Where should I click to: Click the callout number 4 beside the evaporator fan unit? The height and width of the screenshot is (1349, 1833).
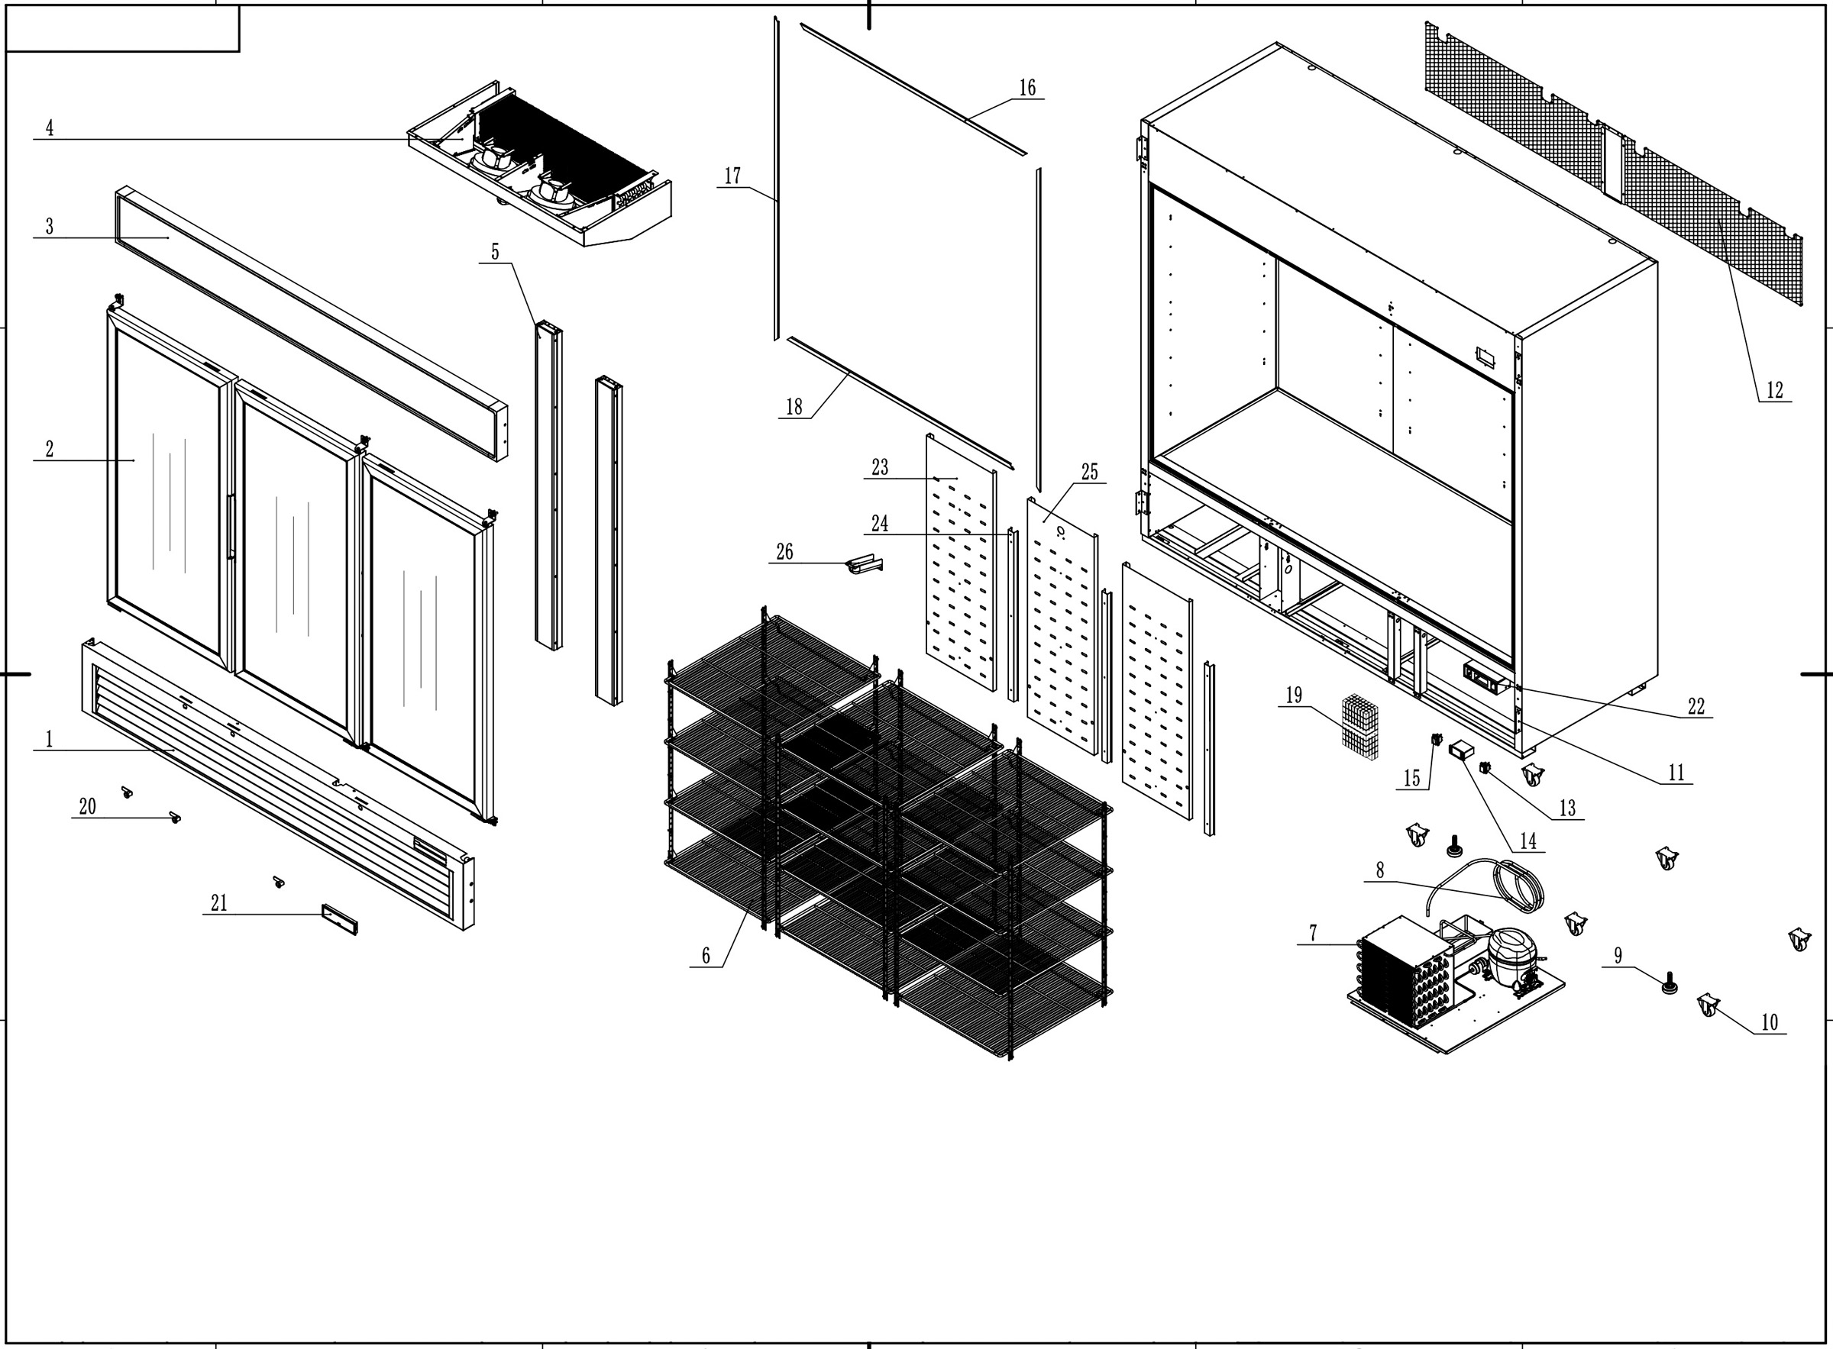pyautogui.click(x=50, y=128)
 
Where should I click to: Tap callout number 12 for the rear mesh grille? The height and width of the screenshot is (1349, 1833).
pyautogui.click(x=1774, y=390)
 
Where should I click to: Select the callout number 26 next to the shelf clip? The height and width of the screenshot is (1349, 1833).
pyautogui.click(x=784, y=552)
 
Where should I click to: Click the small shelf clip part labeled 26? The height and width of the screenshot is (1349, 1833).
pyautogui.click(x=865, y=564)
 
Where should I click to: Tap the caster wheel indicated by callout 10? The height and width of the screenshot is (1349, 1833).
pyautogui.click(x=1707, y=1005)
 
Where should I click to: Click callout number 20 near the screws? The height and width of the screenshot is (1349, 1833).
pyautogui.click(x=87, y=807)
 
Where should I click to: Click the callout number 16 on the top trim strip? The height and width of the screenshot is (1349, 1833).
pyautogui.click(x=1026, y=87)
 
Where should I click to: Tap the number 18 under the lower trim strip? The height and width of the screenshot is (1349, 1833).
pyautogui.click(x=794, y=407)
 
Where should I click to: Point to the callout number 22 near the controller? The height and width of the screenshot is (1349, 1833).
pyautogui.click(x=1696, y=706)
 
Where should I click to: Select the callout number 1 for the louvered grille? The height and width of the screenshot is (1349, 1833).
pyautogui.click(x=50, y=740)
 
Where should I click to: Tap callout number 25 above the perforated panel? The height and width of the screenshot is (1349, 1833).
pyautogui.click(x=1090, y=472)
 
